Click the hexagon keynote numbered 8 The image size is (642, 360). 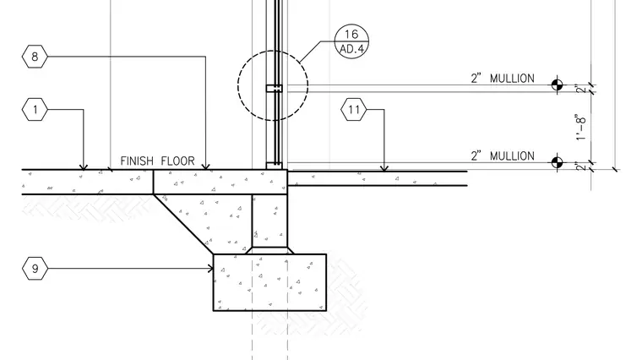[x=35, y=57]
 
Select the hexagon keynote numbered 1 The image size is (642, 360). [x=35, y=109]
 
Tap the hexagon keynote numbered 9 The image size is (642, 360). [x=35, y=268]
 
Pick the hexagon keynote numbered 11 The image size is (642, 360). [x=354, y=109]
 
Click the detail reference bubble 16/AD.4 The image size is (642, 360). [x=351, y=41]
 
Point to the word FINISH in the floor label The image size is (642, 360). [x=137, y=161]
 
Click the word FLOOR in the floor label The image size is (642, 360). [x=177, y=161]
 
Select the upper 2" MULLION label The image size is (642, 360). [x=503, y=79]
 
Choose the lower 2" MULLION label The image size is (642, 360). [x=503, y=155]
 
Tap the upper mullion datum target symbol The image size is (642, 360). [x=557, y=85]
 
